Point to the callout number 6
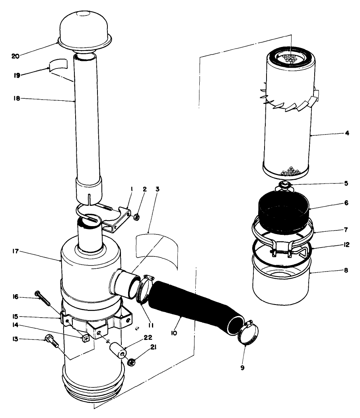click(346, 203)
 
